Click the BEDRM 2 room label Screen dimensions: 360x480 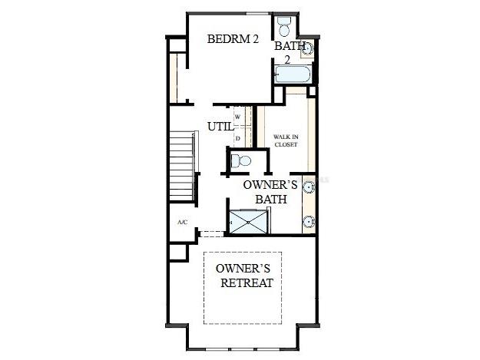pyautogui.click(x=233, y=40)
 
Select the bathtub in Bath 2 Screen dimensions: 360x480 pyautogui.click(x=293, y=75)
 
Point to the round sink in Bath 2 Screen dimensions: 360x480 pyautogui.click(x=306, y=48)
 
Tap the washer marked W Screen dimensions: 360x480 pyautogui.click(x=238, y=117)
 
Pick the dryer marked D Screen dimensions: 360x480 pyautogui.click(x=238, y=138)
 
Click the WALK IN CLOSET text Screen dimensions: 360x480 pyautogui.click(x=286, y=140)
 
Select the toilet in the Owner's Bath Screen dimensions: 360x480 pyautogui.click(x=241, y=161)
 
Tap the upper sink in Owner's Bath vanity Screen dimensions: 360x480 pyautogui.click(x=307, y=186)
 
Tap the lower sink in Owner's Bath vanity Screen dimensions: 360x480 pyautogui.click(x=307, y=222)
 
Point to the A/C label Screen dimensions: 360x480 pyautogui.click(x=182, y=222)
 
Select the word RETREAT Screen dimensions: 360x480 pyautogui.click(x=247, y=283)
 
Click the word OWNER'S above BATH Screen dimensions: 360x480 pyautogui.click(x=266, y=185)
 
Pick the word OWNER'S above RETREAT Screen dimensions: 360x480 pyautogui.click(x=242, y=269)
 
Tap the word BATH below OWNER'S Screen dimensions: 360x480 pyautogui.click(x=271, y=199)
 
